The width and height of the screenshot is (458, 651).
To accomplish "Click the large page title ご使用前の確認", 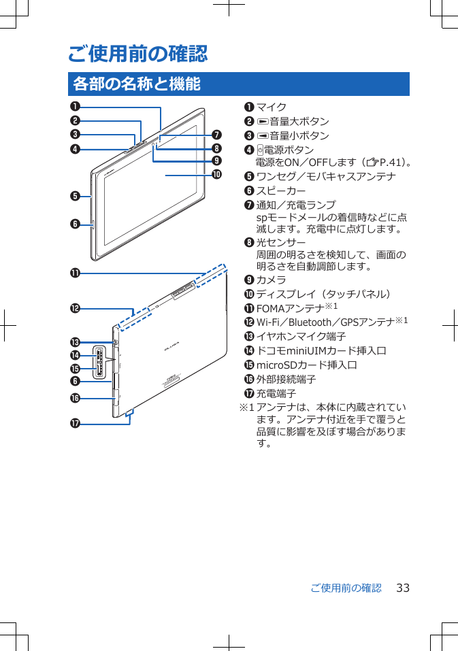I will [138, 53].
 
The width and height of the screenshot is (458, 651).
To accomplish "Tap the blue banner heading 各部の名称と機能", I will [137, 84].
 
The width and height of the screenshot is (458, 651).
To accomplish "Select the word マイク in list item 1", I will [271, 107].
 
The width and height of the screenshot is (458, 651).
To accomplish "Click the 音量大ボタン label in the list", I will [299, 121].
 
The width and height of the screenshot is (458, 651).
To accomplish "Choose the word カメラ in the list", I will [271, 280].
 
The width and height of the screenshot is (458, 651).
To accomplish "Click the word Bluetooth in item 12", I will [314, 322].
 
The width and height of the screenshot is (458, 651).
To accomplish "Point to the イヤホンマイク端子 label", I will [301, 337].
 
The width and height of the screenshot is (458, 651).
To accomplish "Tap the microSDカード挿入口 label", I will [307, 365].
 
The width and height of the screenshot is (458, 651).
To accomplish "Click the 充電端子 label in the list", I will [276, 394].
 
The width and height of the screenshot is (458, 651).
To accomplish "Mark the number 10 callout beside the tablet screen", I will [216, 174].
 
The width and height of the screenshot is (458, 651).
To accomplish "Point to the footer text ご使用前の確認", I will [346, 588].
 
